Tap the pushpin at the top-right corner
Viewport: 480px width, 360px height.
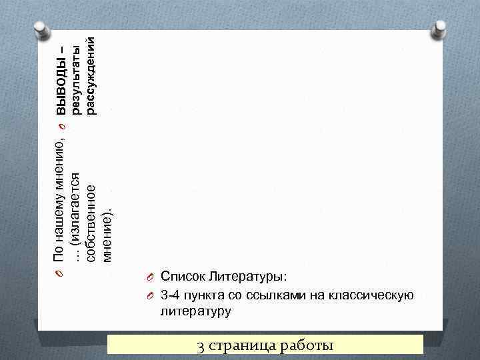point(440,29)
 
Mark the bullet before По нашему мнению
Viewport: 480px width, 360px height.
point(59,273)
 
